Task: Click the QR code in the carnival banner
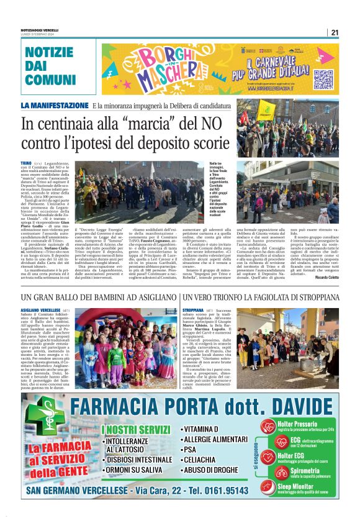323,79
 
